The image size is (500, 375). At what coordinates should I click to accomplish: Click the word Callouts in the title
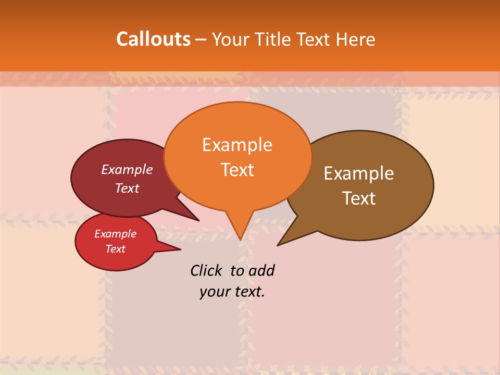click(x=153, y=39)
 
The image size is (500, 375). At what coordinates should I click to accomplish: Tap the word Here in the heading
click(x=355, y=39)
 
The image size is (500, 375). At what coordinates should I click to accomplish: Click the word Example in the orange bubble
click(x=237, y=145)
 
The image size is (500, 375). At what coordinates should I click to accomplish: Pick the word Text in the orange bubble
click(x=238, y=170)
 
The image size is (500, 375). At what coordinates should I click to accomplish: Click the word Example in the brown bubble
click(x=359, y=173)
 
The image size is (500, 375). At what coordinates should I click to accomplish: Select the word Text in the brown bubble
click(x=359, y=198)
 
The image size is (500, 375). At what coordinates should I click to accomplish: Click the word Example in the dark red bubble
click(x=127, y=169)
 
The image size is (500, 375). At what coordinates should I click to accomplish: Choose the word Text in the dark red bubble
click(x=127, y=188)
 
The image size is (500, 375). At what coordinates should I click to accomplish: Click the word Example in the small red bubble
click(x=115, y=234)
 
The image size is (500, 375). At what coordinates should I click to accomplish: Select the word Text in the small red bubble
click(x=116, y=249)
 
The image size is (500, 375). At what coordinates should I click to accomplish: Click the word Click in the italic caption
click(x=206, y=270)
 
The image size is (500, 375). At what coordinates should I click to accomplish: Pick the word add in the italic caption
click(x=261, y=270)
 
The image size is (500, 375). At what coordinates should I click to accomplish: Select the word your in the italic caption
click(x=215, y=292)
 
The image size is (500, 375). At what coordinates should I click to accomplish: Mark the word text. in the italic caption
click(x=248, y=292)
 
